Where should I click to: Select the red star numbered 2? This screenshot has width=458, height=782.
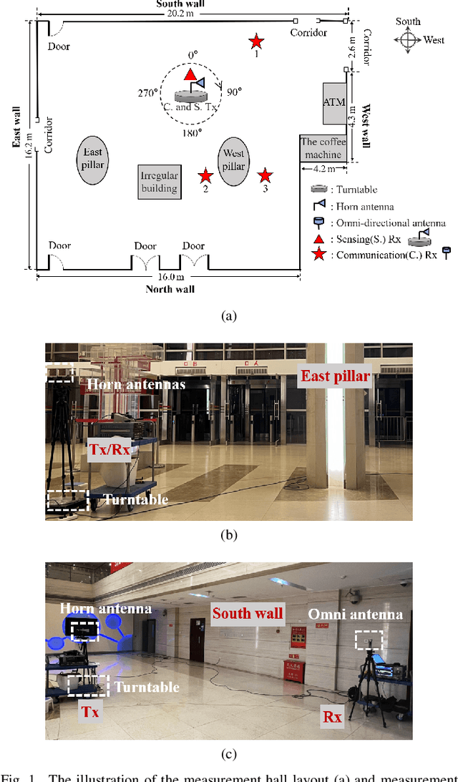(x=205, y=175)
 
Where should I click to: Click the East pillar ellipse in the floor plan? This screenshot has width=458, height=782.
(x=94, y=160)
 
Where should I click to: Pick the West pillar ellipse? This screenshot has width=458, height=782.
(x=234, y=161)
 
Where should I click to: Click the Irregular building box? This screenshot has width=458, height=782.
(x=159, y=182)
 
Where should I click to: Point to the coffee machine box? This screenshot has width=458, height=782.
(x=323, y=148)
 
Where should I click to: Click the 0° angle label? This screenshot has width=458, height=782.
(x=191, y=55)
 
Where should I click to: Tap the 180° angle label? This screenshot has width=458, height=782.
(x=192, y=132)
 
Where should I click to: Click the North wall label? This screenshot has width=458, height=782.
(x=170, y=289)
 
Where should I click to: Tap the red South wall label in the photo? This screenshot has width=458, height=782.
(x=247, y=612)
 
